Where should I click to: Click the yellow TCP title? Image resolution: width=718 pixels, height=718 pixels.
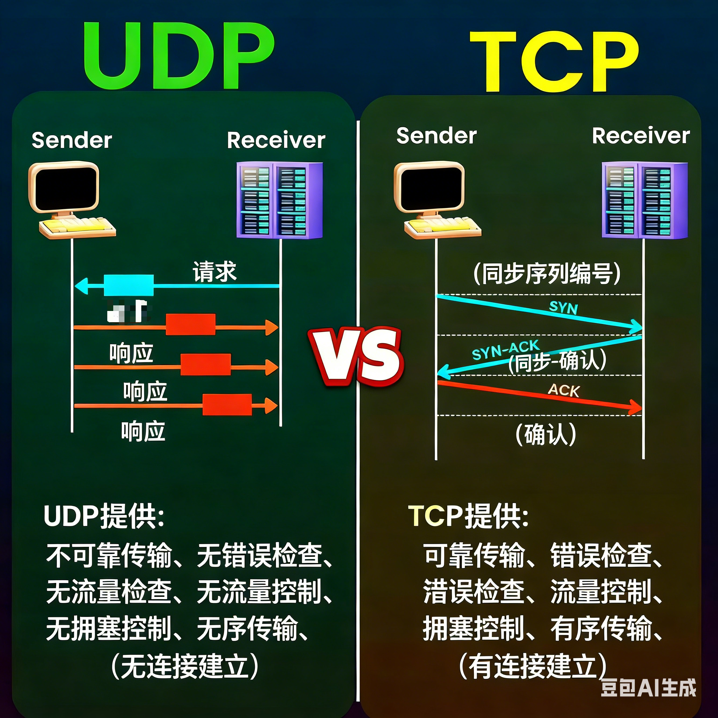554,61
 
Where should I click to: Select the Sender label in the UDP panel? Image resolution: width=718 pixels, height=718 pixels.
72,140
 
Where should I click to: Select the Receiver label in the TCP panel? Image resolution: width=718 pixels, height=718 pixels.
641,136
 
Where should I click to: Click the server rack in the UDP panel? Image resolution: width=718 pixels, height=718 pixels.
279,200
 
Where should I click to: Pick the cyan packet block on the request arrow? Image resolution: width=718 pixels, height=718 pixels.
129,285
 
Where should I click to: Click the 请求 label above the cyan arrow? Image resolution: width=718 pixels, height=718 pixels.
215,272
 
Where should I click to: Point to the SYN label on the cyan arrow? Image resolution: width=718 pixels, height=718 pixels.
563,307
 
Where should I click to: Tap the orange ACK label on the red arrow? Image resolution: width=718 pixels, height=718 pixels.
564,390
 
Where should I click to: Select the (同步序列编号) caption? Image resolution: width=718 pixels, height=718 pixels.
547,274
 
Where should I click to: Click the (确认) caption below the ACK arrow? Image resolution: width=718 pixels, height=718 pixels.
546,434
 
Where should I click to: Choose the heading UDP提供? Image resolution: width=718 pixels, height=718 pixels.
104,516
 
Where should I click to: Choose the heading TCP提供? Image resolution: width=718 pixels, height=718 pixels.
468,516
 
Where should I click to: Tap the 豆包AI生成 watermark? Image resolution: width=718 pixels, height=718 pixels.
649,687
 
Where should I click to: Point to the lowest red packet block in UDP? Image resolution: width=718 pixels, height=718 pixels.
227,405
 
